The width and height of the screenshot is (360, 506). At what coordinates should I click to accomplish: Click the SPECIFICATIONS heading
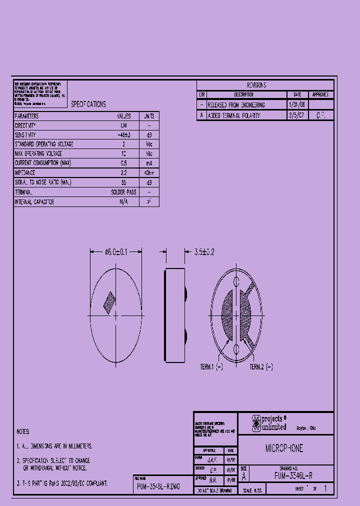[88, 104]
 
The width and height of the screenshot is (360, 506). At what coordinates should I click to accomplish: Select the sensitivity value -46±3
[123, 135]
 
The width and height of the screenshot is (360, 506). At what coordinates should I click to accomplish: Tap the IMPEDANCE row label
[25, 172]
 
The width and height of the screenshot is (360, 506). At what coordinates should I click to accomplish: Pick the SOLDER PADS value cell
[123, 192]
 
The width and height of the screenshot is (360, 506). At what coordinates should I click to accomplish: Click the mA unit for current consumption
[149, 163]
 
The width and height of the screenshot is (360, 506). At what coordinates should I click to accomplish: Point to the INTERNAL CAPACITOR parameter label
[34, 202]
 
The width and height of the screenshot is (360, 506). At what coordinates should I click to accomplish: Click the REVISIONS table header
[256, 85]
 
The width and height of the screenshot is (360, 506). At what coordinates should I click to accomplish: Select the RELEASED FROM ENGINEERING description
[236, 105]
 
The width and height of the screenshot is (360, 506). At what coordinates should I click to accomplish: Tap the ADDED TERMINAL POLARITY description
[233, 115]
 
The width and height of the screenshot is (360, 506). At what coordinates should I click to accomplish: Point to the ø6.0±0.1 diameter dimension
[116, 252]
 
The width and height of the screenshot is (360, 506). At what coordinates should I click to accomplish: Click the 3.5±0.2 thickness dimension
[204, 252]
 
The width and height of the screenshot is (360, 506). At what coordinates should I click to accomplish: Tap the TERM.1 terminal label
[211, 367]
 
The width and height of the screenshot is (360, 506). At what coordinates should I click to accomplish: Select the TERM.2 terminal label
[261, 367]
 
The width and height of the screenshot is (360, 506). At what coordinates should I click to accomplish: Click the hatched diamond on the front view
[109, 302]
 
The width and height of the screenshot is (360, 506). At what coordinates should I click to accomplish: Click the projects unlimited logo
[269, 423]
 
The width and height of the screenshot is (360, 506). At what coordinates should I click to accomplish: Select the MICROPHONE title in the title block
[284, 448]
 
